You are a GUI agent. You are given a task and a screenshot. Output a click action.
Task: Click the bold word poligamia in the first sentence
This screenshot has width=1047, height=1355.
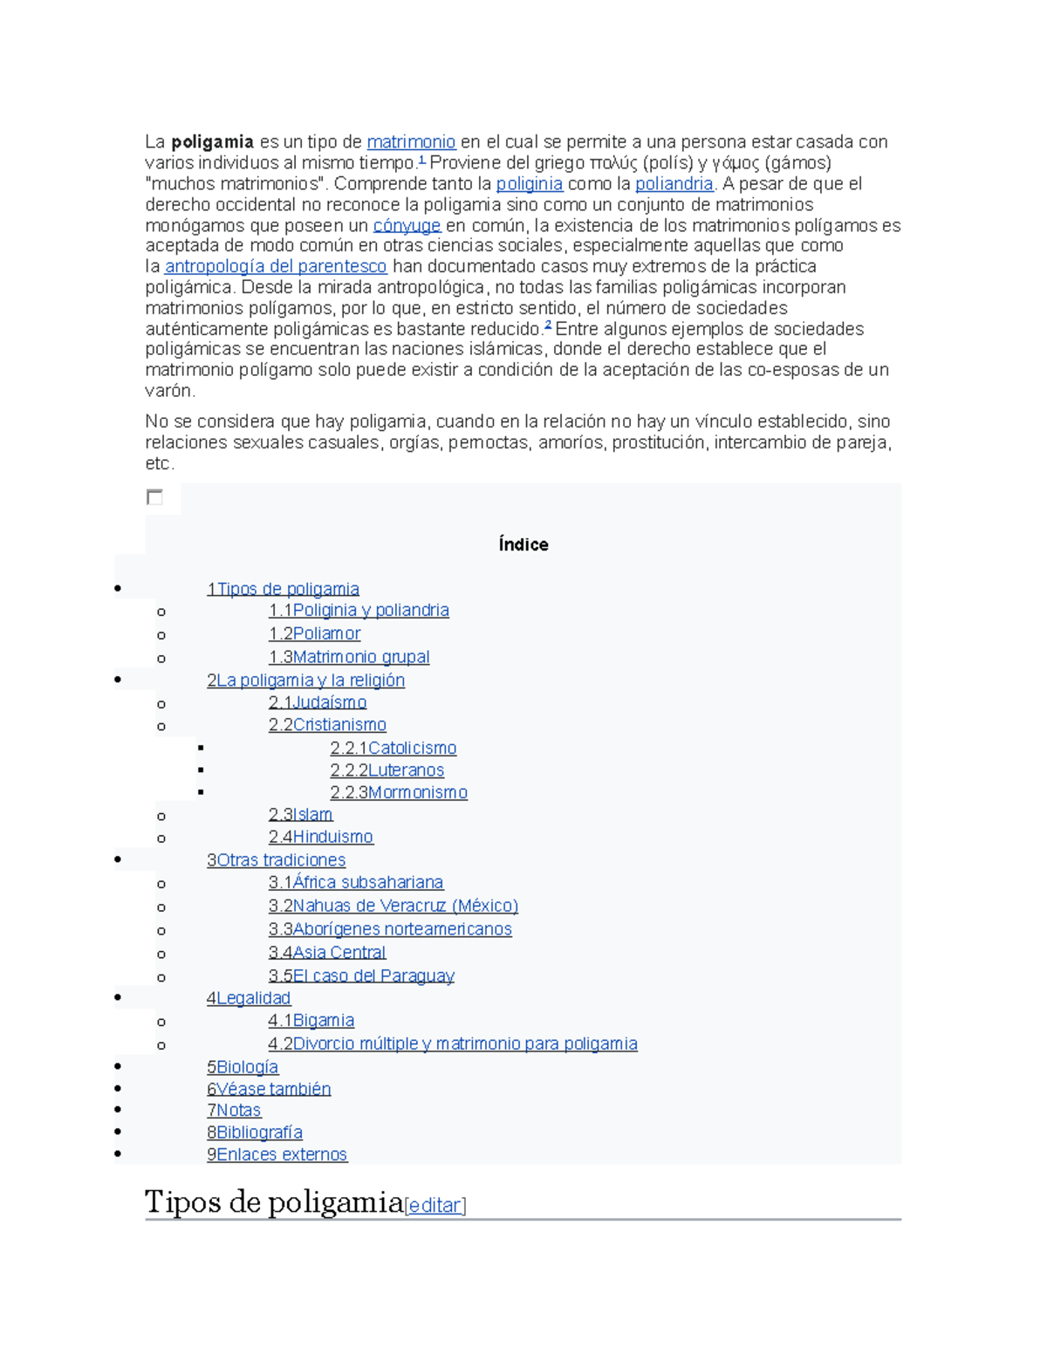coord(212,141)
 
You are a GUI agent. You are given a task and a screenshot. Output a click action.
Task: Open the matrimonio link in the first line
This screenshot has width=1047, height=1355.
coord(411,141)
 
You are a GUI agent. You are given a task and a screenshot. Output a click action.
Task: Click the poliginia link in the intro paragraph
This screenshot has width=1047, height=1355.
coord(529,183)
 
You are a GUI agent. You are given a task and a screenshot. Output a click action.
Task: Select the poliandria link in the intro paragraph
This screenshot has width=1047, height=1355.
coord(674,183)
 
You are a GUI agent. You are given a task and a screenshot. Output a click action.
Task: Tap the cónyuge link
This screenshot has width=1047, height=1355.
coord(407,225)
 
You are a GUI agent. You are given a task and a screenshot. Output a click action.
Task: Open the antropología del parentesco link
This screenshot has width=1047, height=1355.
coord(276,266)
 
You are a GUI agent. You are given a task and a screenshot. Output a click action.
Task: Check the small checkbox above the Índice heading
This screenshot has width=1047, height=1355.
coord(154,497)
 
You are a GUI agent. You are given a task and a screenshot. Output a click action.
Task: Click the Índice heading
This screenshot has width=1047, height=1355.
coord(523,544)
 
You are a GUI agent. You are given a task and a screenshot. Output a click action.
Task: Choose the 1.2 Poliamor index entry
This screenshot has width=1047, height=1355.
coord(314,633)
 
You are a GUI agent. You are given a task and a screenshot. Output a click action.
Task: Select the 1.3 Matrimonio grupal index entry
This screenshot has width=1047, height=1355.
coord(349,657)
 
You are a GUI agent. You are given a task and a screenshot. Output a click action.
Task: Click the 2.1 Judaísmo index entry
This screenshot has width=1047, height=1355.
coord(318,702)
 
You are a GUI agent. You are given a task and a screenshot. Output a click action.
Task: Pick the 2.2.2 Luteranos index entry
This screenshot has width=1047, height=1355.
coord(387,770)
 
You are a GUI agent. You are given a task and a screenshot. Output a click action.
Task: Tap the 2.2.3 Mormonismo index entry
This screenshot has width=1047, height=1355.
coord(399,792)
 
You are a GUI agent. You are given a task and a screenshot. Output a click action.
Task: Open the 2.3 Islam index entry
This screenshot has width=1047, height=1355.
coord(301,814)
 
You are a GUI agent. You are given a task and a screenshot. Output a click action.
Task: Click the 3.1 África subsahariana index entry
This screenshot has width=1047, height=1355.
coord(356,882)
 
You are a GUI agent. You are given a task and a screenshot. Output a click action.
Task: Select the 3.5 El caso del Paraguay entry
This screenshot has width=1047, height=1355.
coord(361,975)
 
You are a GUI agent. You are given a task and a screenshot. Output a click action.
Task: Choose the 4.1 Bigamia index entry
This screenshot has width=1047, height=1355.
coord(311,1020)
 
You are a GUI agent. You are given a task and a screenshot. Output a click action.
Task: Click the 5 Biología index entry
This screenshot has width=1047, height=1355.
coord(243,1066)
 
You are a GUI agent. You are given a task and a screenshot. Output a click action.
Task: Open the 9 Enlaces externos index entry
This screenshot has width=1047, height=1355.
coord(277,1154)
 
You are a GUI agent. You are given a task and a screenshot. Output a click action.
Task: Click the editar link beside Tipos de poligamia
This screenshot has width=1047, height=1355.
coord(435,1205)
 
